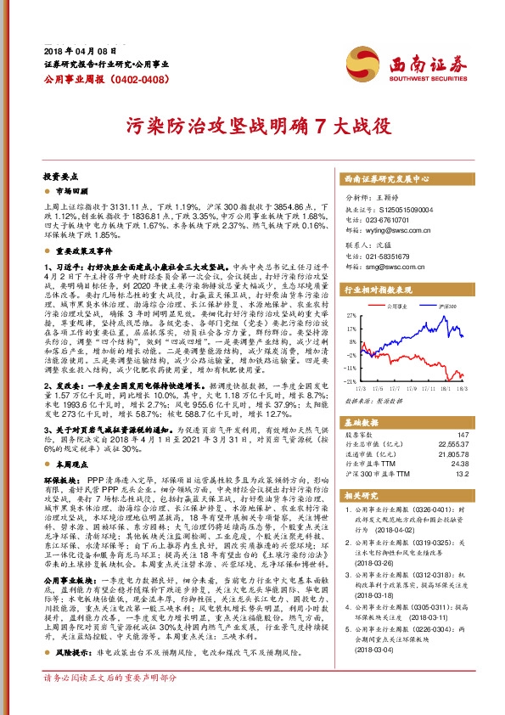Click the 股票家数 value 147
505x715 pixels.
click(x=462, y=435)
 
